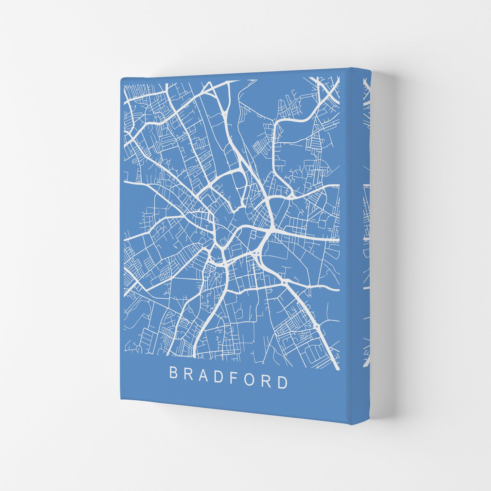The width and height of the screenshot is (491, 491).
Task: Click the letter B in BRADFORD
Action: tap(173, 373)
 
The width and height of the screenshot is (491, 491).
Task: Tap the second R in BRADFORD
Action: tap(265, 380)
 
